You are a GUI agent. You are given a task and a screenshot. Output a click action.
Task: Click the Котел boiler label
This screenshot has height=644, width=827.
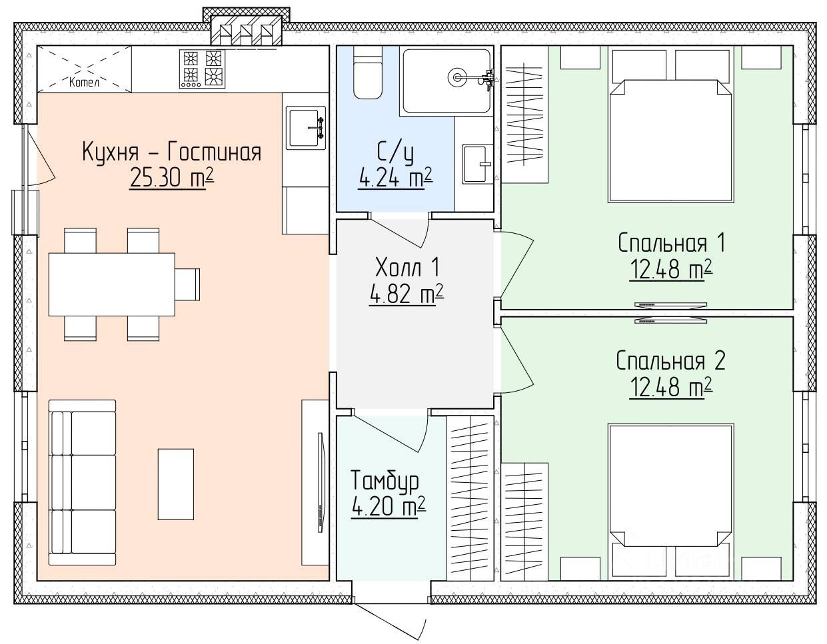click(x=84, y=82)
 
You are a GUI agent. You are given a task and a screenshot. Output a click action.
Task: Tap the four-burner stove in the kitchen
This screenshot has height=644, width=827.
click(x=202, y=69)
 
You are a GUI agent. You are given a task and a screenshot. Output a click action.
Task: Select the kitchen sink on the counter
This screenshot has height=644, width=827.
click(x=306, y=127)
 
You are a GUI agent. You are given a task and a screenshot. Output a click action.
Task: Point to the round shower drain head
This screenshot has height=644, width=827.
click(x=456, y=77)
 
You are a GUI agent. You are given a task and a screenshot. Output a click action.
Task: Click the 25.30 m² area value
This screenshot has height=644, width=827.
click(x=172, y=178)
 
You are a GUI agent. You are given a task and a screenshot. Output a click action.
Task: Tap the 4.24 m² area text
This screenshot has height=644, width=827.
click(x=396, y=178)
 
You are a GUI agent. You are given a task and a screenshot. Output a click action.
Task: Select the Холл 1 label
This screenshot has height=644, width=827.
click(x=408, y=267)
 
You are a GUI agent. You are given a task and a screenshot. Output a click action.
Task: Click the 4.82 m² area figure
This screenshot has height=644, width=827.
click(x=407, y=294)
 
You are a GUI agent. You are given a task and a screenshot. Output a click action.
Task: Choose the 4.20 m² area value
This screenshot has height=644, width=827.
click(x=389, y=507)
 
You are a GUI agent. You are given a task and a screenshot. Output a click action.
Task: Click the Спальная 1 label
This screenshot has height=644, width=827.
click(x=672, y=243)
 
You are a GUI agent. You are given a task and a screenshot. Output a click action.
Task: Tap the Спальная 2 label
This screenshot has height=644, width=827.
click(x=671, y=361)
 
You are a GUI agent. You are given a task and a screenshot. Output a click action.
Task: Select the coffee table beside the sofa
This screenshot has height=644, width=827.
click(x=176, y=484)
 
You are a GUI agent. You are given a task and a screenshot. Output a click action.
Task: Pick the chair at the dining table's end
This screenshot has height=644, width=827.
click(x=187, y=284)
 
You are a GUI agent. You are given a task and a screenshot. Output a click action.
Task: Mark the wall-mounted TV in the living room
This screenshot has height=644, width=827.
click(x=321, y=482)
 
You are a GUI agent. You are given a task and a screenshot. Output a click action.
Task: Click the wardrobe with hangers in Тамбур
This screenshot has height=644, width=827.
click(x=470, y=498)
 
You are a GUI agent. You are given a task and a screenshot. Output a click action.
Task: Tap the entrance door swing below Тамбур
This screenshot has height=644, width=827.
click(x=389, y=620)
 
